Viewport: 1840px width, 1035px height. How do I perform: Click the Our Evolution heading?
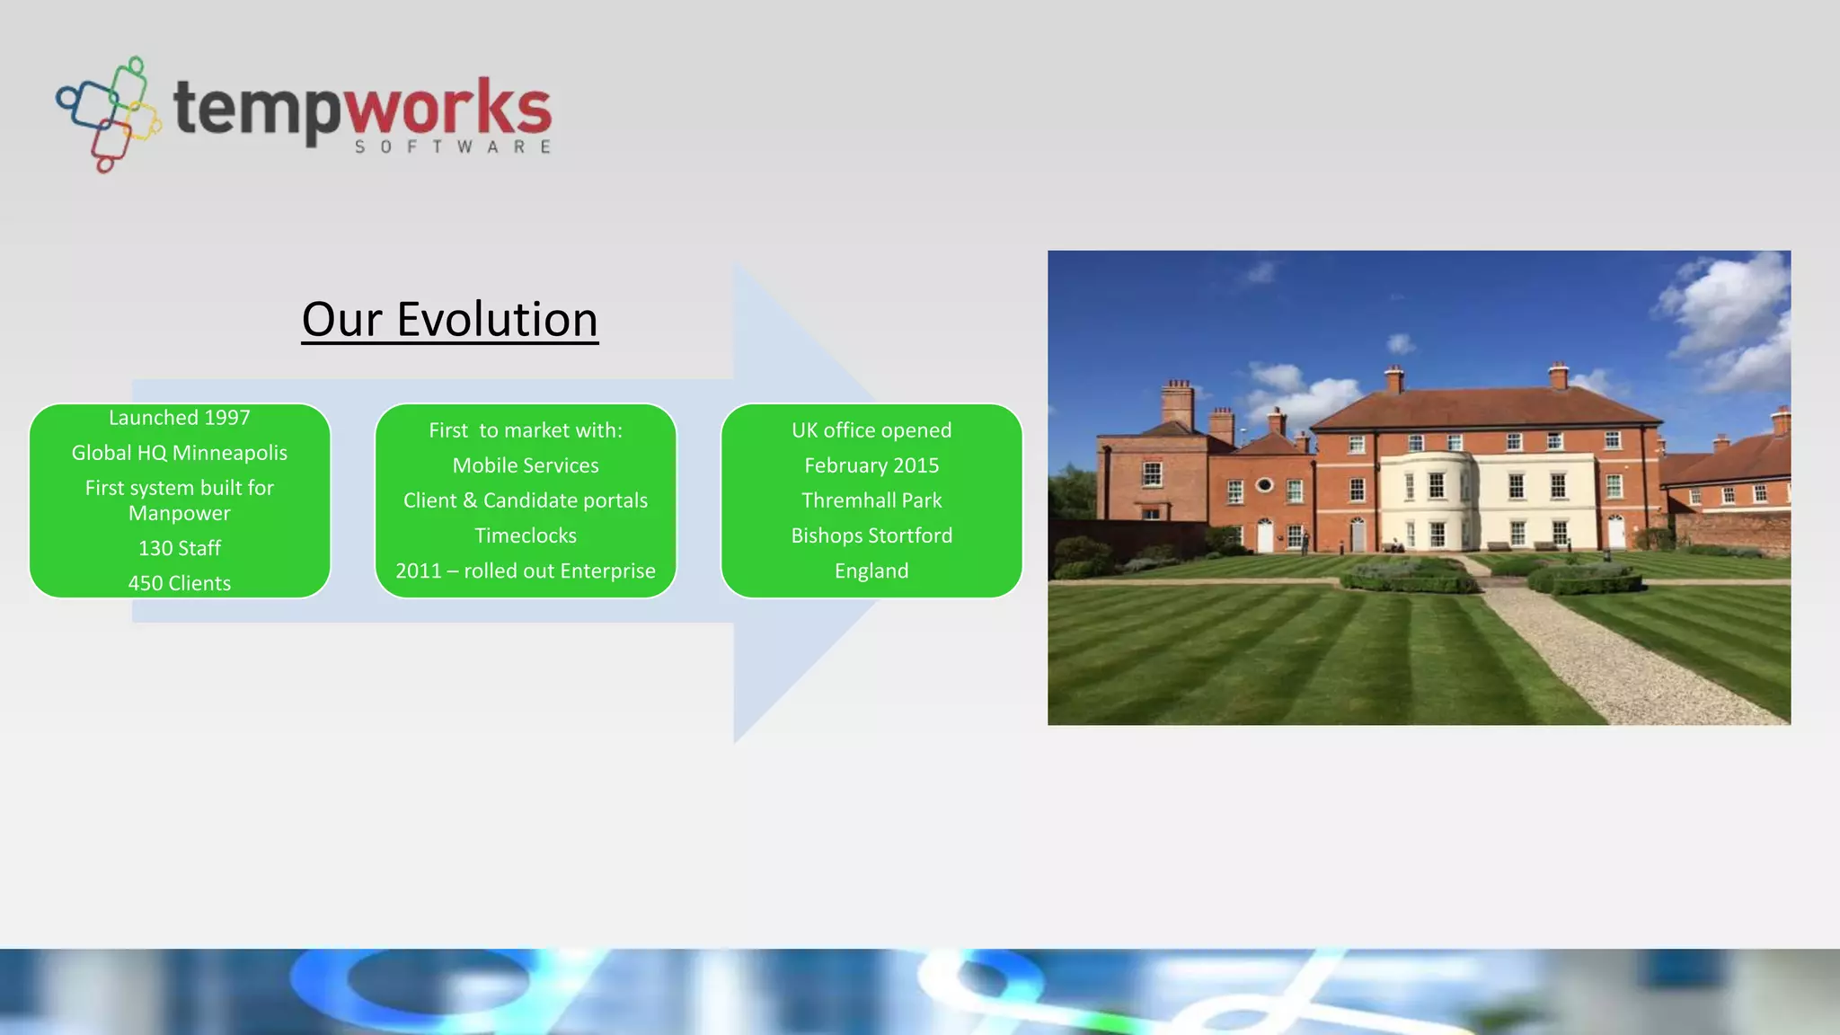pyautogui.click(x=449, y=320)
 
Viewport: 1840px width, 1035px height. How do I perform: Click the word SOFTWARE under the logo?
pyautogui.click(x=453, y=146)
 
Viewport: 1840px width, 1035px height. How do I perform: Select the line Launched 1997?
pyautogui.click(x=180, y=418)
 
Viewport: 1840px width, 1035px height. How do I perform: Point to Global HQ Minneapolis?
pyautogui.click(x=180, y=453)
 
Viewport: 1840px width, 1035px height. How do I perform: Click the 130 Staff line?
pyautogui.click(x=180, y=548)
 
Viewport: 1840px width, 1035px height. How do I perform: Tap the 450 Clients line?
pyautogui.click(x=180, y=583)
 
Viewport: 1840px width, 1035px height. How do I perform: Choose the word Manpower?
pyautogui.click(x=180, y=513)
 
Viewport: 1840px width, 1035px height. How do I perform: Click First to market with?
pyautogui.click(x=526, y=430)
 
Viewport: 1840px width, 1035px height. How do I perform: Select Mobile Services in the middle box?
pyautogui.click(x=526, y=465)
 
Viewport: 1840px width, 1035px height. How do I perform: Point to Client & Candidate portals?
pyautogui.click(x=526, y=500)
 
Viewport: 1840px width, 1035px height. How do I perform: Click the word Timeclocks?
pyautogui.click(x=526, y=535)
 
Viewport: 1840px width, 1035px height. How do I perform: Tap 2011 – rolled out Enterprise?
pyautogui.click(x=526, y=571)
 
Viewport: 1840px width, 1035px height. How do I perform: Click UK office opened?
pyautogui.click(x=871, y=430)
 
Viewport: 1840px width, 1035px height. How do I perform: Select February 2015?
pyautogui.click(x=871, y=465)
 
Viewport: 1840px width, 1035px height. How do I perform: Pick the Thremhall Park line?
pyautogui.click(x=871, y=500)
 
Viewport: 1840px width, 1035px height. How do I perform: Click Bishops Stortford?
pyautogui.click(x=871, y=535)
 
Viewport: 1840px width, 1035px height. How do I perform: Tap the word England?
pyautogui.click(x=871, y=571)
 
